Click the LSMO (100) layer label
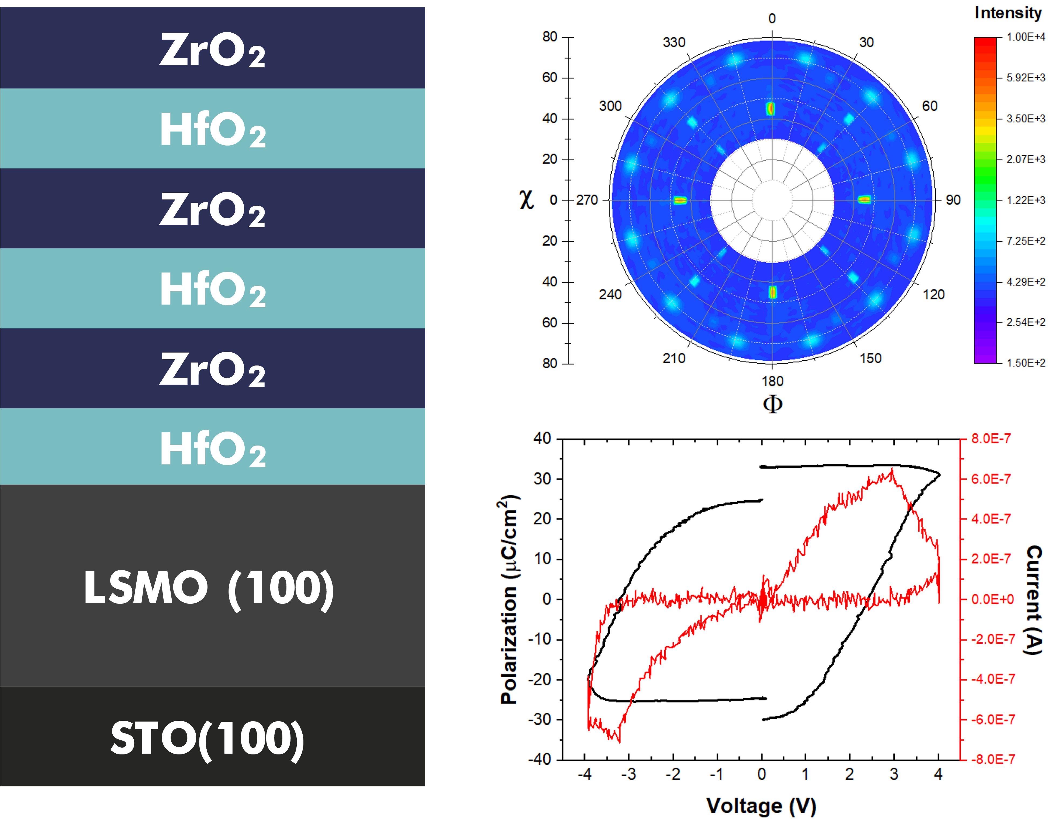209,588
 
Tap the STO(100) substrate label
208,738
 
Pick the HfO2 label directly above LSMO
213,449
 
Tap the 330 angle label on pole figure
674,43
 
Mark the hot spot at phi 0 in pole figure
771,108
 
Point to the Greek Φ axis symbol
772,403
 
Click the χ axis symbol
527,199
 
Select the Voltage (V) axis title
761,806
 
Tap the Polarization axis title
509,599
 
